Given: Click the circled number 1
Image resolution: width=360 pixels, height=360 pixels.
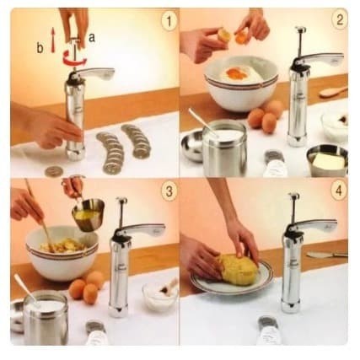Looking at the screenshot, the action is [169, 20].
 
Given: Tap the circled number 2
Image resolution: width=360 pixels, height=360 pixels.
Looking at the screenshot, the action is [339, 20].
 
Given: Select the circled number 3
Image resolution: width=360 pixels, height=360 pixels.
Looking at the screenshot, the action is [169, 191].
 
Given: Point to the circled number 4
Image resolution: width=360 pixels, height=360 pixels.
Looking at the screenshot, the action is [339, 191].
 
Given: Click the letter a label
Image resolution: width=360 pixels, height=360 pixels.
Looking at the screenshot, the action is [92, 38].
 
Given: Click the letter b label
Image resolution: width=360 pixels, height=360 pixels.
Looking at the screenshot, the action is [40, 48].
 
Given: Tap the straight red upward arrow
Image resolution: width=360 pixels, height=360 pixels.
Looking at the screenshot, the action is [53, 40].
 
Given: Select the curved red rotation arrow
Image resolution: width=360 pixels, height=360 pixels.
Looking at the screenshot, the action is [75, 57].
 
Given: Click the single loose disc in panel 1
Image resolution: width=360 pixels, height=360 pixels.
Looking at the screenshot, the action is [54, 171].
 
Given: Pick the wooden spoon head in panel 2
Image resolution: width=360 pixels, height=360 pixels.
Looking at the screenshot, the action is [329, 93].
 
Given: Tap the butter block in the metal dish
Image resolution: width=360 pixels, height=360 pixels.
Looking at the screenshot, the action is [329, 161].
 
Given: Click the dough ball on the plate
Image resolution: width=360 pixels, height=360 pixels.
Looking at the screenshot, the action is [238, 269].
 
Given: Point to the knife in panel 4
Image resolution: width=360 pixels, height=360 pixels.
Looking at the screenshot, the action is [327, 255].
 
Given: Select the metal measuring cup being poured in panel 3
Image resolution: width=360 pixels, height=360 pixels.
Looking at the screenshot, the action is [88, 214].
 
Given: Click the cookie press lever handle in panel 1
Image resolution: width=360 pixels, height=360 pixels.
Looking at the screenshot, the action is [96, 73].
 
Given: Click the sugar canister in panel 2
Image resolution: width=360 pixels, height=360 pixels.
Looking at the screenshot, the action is [225, 148].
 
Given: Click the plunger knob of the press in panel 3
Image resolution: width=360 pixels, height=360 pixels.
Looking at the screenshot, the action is [122, 200].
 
